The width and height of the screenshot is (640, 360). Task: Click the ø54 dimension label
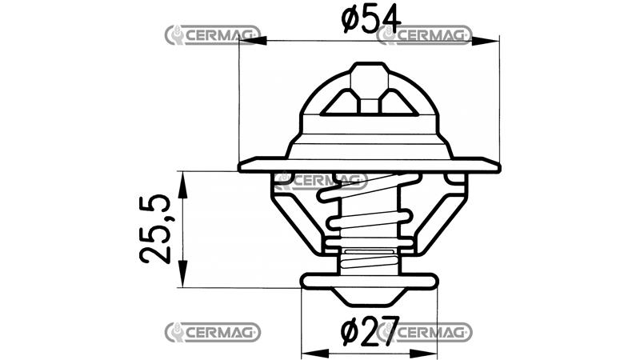370,18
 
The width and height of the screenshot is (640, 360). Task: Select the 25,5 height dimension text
154,230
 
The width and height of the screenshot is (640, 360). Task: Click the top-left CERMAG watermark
211,35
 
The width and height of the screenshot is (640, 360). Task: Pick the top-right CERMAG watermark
424,35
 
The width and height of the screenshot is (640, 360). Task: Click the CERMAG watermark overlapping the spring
319,180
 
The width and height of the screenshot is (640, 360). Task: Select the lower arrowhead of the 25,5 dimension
183,279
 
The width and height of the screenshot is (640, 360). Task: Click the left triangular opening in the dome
341,102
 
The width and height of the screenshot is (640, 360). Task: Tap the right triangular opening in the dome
398,102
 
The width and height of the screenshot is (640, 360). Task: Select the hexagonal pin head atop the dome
369,80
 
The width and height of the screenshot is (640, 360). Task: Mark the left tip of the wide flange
241,166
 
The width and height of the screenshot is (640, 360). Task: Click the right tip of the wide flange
498,166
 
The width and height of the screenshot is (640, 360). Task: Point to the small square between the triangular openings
369,105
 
